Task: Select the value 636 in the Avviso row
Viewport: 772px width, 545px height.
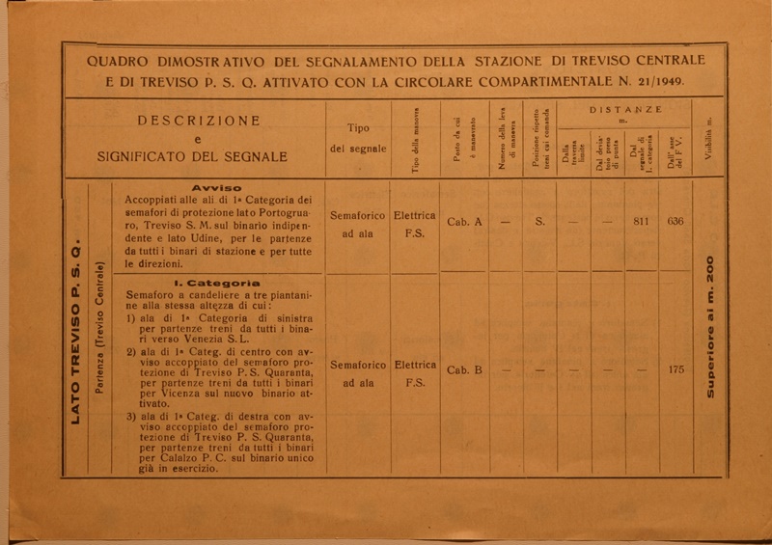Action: pyautogui.click(x=675, y=221)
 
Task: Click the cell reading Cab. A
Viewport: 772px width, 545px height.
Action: pyautogui.click(x=465, y=222)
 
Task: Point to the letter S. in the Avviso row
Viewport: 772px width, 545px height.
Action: pyautogui.click(x=540, y=222)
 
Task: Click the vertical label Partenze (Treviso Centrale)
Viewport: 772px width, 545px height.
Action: pyautogui.click(x=99, y=328)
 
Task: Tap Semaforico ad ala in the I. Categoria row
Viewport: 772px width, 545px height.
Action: pyautogui.click(x=358, y=374)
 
